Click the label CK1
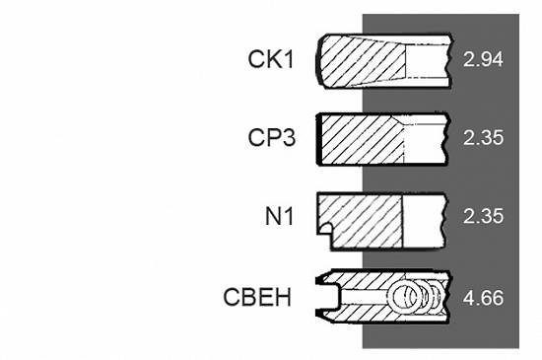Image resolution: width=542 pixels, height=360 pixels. pos(271,59)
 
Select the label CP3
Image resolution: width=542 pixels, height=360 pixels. pos(272,138)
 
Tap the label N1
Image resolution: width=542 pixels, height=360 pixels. pos(279,216)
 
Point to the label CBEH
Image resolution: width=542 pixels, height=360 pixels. pos(257,297)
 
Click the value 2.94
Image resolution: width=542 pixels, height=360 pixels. pos(483,59)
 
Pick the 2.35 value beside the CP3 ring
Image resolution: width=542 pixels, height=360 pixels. pos(483,138)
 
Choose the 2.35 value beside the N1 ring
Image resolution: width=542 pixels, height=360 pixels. pos(483,216)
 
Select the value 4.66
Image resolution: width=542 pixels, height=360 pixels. pos(483,298)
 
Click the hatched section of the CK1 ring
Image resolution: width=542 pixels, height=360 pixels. pos(362,61)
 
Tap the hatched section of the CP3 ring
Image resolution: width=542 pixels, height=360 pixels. pos(362,139)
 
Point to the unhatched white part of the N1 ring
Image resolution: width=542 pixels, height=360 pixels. pos(424,221)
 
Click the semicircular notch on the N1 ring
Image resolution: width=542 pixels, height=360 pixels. pos(324,229)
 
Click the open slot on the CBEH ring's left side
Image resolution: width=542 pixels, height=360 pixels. pos(330,296)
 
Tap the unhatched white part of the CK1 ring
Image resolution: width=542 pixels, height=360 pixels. pos(428,61)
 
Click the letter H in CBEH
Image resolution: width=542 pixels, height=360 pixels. pos(283,297)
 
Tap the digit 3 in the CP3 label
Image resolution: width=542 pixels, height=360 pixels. pos(289,138)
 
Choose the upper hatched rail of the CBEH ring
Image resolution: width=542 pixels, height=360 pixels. pos(367,279)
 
